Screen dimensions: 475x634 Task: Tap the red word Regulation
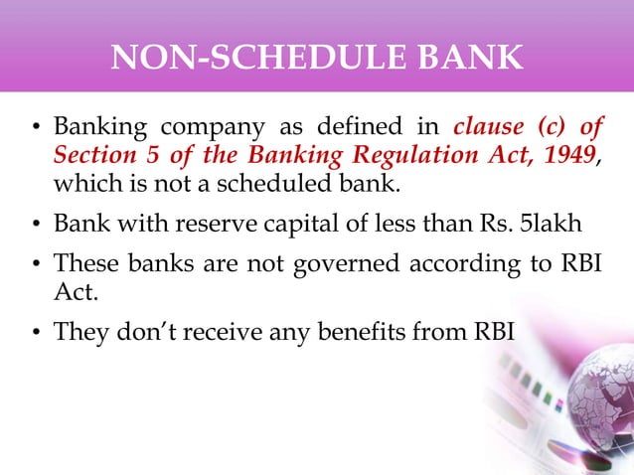[x=424, y=156]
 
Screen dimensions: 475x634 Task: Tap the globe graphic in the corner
[x=581, y=397]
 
